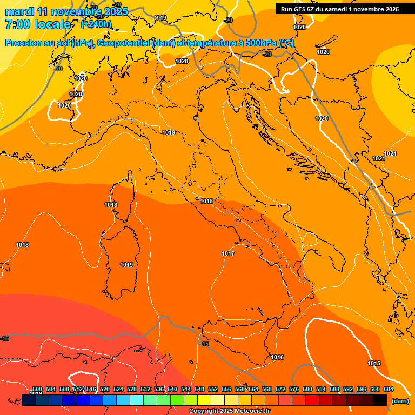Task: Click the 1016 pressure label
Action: pyautogui.click(x=277, y=357)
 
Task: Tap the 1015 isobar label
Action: pyautogui.click(x=373, y=363)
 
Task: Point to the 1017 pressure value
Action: pyautogui.click(x=227, y=253)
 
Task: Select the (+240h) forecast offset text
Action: pyautogui.click(x=96, y=24)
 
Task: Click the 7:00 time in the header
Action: pyautogui.click(x=16, y=24)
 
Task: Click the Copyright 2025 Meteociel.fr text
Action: pyautogui.click(x=229, y=411)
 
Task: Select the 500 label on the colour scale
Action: pyautogui.click(x=37, y=389)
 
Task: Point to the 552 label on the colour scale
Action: pyautogui.click(x=213, y=389)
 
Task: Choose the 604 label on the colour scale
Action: pyautogui.click(x=388, y=389)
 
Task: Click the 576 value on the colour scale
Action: pyautogui.click(x=294, y=389)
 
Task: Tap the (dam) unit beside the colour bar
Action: pyautogui.click(x=400, y=401)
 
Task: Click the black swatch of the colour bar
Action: pyautogui.click(x=380, y=400)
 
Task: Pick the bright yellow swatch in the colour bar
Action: pyautogui.click(x=204, y=400)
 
